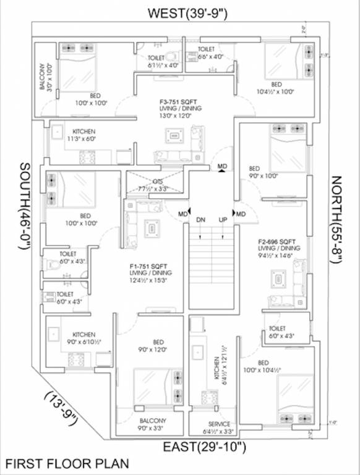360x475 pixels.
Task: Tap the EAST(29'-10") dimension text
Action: pos(205,447)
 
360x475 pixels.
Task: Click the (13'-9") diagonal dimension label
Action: pos(61,409)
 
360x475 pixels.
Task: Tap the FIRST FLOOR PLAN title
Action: pos(68,463)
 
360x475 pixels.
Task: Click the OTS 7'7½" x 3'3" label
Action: pos(153,186)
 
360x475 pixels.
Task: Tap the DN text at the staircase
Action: pos(200,220)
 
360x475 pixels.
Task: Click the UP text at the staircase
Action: pos(222,220)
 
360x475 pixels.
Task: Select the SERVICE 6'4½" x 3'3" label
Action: pos(220,427)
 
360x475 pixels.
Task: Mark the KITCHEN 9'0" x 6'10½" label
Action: pos(84,337)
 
